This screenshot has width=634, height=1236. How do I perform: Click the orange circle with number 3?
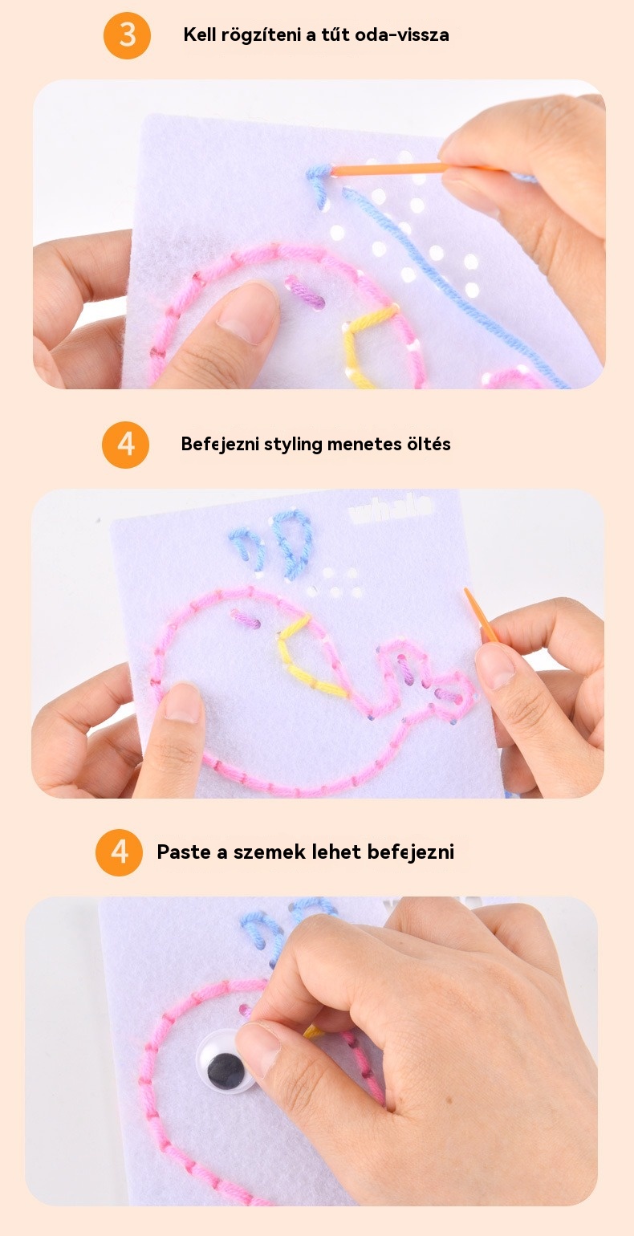pyautogui.click(x=127, y=35)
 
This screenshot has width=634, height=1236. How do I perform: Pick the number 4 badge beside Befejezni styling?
pyautogui.click(x=126, y=445)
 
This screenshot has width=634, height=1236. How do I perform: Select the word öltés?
pyautogui.click(x=429, y=444)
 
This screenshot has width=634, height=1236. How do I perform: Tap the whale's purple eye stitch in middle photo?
pyautogui.click(x=246, y=618)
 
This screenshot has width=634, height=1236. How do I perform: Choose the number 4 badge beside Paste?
pyautogui.click(x=120, y=852)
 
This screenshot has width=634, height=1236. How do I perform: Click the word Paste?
pyautogui.click(x=185, y=852)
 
